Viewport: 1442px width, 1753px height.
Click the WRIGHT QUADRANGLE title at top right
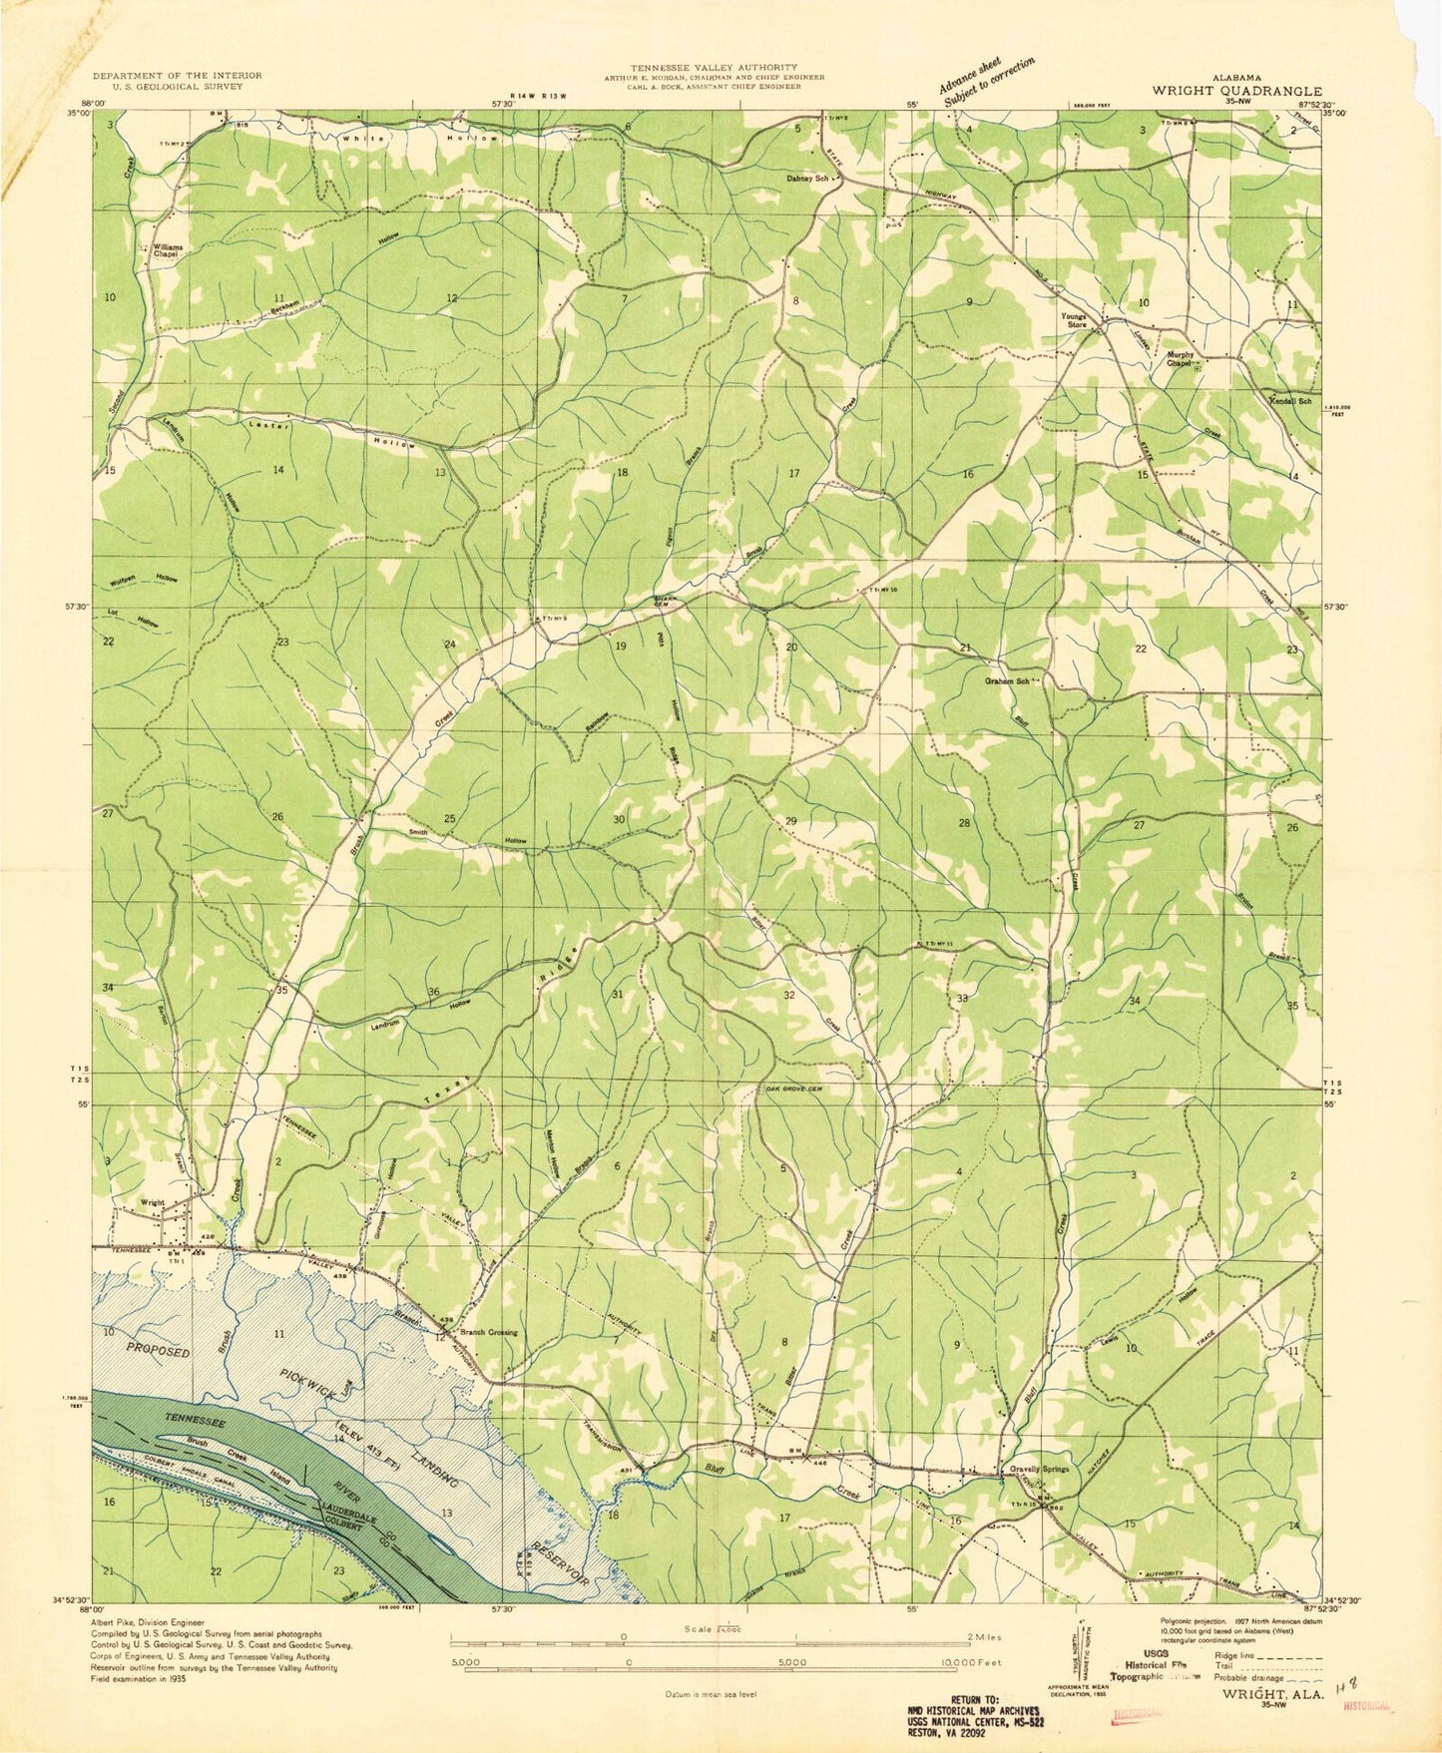click(1237, 89)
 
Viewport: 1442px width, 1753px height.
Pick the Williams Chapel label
click(166, 250)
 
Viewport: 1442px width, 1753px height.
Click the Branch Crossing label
click(487, 1332)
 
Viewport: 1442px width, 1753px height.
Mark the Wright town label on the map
click(153, 1202)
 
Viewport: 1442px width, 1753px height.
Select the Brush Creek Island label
click(238, 1453)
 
